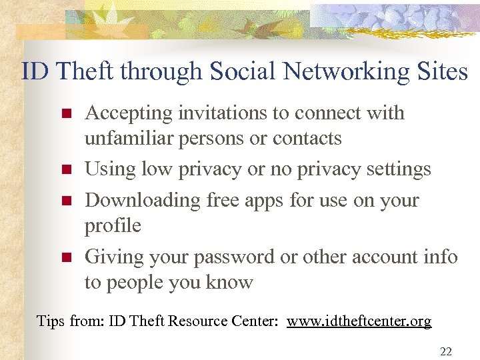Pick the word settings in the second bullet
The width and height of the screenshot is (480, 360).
(399, 170)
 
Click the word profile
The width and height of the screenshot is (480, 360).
(113, 226)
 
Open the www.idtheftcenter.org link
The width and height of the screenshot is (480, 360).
(359, 321)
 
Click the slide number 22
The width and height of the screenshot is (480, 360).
(445, 351)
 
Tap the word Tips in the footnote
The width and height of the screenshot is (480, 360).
(51, 321)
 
